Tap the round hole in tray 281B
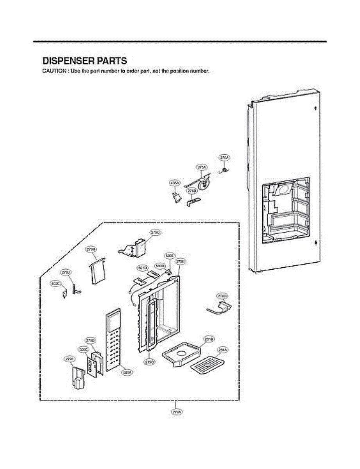click(x=182, y=354)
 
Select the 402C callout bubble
click(x=55, y=284)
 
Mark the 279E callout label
click(x=69, y=358)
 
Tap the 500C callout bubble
click(x=84, y=349)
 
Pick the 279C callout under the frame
click(x=149, y=362)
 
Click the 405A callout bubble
click(x=175, y=183)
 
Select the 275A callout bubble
click(x=201, y=167)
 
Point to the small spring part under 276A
click(x=226, y=170)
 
